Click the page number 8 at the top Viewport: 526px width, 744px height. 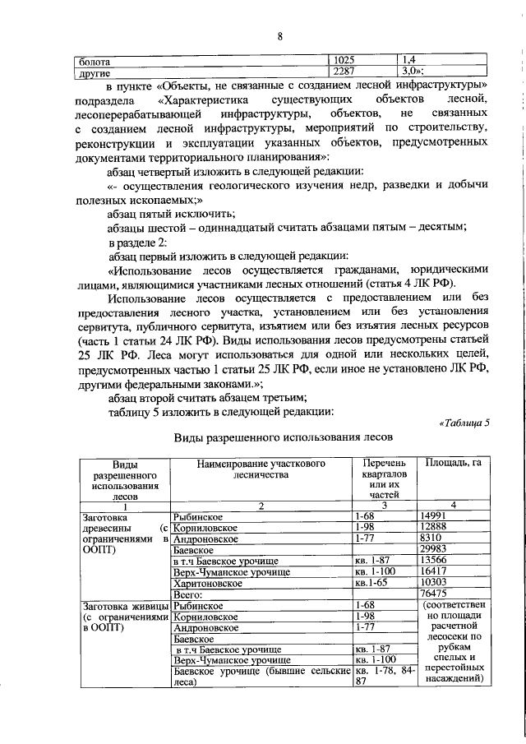(279, 36)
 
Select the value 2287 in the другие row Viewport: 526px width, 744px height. (342, 72)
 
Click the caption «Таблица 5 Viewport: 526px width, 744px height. (465, 423)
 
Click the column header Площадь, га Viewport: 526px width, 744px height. (452, 464)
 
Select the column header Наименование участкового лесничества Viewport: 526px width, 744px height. (261, 469)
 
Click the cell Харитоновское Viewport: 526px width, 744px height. (207, 582)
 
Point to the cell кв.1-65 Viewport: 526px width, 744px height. (370, 582)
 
